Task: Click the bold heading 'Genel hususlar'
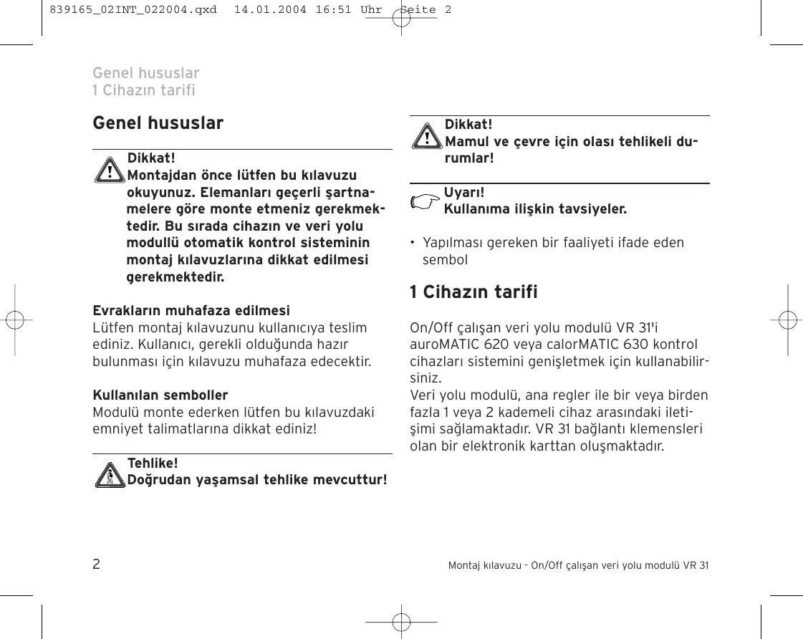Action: coord(158,123)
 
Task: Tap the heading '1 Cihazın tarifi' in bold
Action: coord(473,292)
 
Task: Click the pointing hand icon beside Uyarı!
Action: coord(423,203)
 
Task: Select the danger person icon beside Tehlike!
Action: coord(110,474)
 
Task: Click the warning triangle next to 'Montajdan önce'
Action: coord(110,172)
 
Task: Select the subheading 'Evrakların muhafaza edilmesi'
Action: coord(191,311)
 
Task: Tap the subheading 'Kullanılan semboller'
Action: coord(160,395)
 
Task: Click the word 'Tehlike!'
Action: coord(153,463)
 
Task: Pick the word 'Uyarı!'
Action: coord(464,193)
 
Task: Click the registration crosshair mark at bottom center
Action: coord(401,622)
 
